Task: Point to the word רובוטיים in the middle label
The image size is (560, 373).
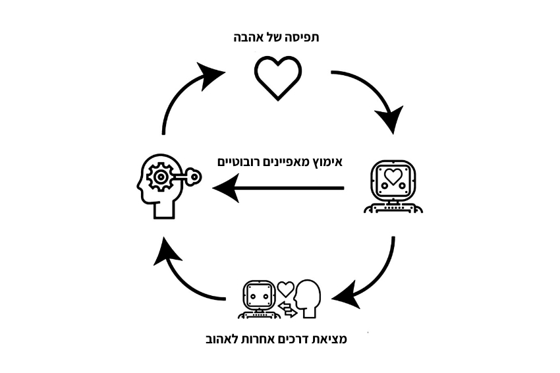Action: [x=242, y=161]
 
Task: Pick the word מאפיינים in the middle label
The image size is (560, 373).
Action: [x=288, y=161]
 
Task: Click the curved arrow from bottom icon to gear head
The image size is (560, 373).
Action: [x=184, y=277]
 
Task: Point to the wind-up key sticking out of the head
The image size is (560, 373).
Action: [x=191, y=176]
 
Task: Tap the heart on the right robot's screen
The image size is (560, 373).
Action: [x=393, y=177]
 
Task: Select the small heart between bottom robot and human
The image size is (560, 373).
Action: [x=285, y=288]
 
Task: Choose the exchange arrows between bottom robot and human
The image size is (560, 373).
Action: [x=287, y=309]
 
